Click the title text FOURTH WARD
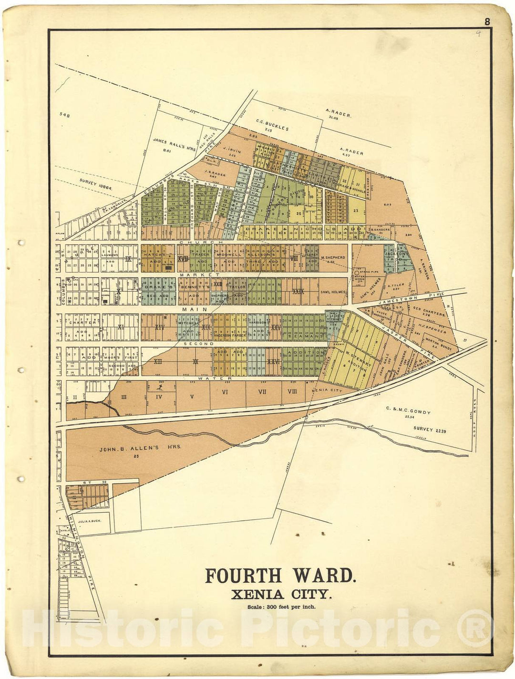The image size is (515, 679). pyautogui.click(x=280, y=576)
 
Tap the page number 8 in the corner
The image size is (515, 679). pyautogui.click(x=487, y=21)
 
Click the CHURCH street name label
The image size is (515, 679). pyautogui.click(x=194, y=242)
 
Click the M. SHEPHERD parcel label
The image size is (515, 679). pyautogui.click(x=332, y=258)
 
